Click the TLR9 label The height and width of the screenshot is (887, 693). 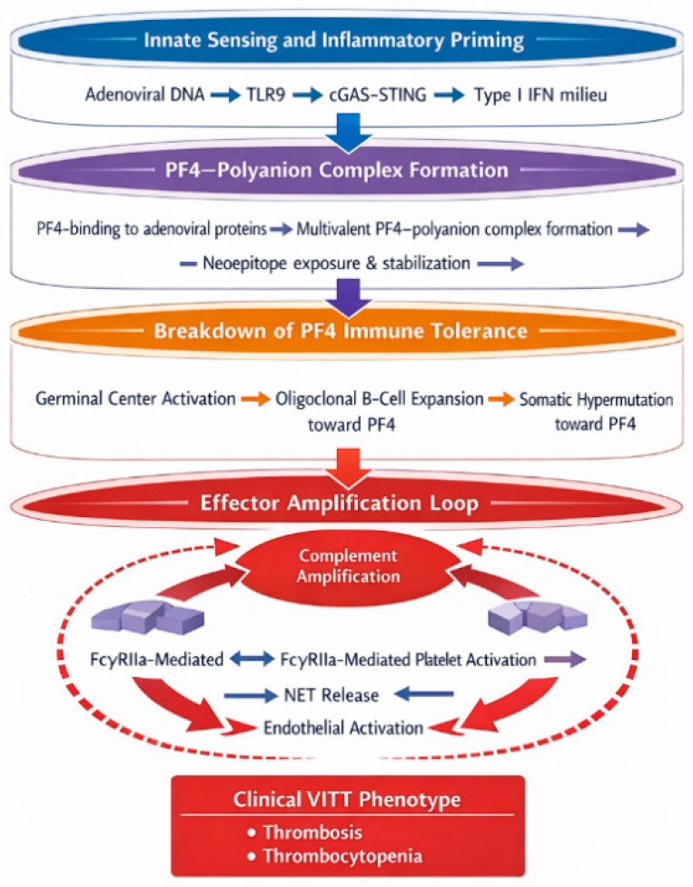(x=265, y=95)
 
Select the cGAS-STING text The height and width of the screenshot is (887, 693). (x=378, y=95)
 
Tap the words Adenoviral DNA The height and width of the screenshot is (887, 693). (x=144, y=94)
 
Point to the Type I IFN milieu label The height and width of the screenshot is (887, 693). (x=540, y=95)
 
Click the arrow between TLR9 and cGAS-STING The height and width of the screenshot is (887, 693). (x=307, y=95)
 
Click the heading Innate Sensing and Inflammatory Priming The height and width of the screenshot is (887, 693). (x=333, y=40)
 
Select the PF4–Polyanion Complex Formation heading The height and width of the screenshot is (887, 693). (x=337, y=170)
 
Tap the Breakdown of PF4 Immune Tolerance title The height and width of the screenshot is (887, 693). (x=341, y=331)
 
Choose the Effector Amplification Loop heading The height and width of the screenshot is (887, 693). (x=339, y=503)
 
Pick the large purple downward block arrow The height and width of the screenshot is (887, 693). (x=350, y=297)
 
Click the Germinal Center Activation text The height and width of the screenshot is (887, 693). (x=135, y=399)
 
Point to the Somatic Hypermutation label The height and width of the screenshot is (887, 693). (x=597, y=400)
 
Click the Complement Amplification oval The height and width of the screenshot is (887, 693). (x=348, y=566)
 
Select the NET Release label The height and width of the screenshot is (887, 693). (x=332, y=694)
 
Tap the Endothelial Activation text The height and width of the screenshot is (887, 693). (x=343, y=727)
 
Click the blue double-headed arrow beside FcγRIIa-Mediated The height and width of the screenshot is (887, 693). (x=252, y=659)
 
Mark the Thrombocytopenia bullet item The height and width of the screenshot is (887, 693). (x=342, y=856)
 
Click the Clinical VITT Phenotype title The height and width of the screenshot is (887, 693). (x=347, y=800)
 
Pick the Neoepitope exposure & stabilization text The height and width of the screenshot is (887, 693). (x=336, y=264)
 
